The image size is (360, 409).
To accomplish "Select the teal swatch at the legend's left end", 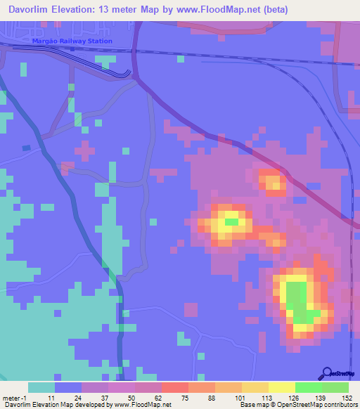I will (41, 387).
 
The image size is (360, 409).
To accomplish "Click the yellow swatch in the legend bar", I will (282, 387).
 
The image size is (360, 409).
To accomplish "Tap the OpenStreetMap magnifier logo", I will (328, 373).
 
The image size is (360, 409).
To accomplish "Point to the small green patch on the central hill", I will (231, 222).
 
